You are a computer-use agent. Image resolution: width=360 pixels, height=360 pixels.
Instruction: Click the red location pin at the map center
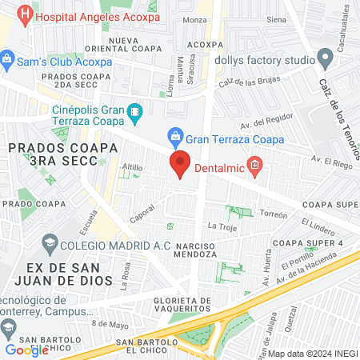coord(180,164)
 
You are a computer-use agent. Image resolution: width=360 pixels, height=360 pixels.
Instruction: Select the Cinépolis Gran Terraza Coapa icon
coord(134,111)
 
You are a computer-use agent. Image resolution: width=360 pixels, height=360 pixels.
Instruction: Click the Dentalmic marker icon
coord(255,166)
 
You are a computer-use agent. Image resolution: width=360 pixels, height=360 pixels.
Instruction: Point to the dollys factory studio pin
coord(325,58)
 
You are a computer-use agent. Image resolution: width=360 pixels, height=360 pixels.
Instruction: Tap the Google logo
coord(27,350)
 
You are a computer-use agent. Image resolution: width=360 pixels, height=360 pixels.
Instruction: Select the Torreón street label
coord(273,214)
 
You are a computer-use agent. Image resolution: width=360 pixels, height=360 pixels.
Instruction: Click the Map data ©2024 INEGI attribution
coord(311,354)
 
